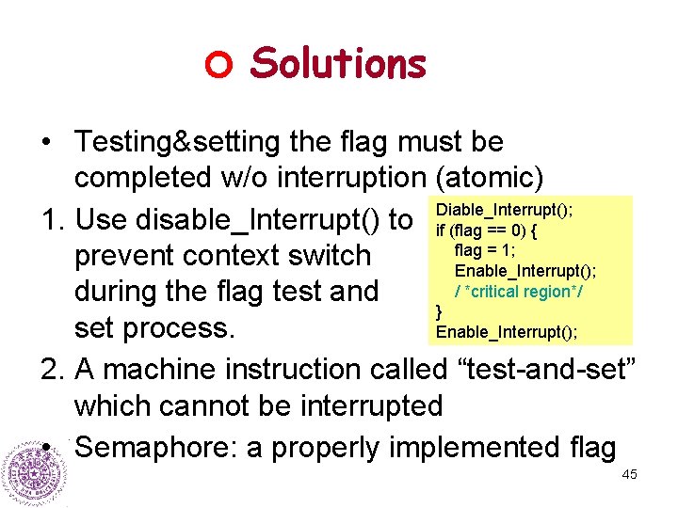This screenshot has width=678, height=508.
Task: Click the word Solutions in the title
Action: tap(339, 63)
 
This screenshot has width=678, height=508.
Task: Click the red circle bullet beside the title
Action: tap(218, 65)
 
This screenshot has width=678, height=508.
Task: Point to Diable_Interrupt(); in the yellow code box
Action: tap(505, 211)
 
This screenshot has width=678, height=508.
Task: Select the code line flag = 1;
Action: tap(484, 250)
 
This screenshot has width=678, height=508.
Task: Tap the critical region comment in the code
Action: tap(519, 292)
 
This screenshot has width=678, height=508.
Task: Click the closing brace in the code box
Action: tap(439, 310)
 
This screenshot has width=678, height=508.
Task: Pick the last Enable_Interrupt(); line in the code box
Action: tap(507, 331)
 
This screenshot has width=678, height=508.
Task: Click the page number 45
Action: tap(629, 475)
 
